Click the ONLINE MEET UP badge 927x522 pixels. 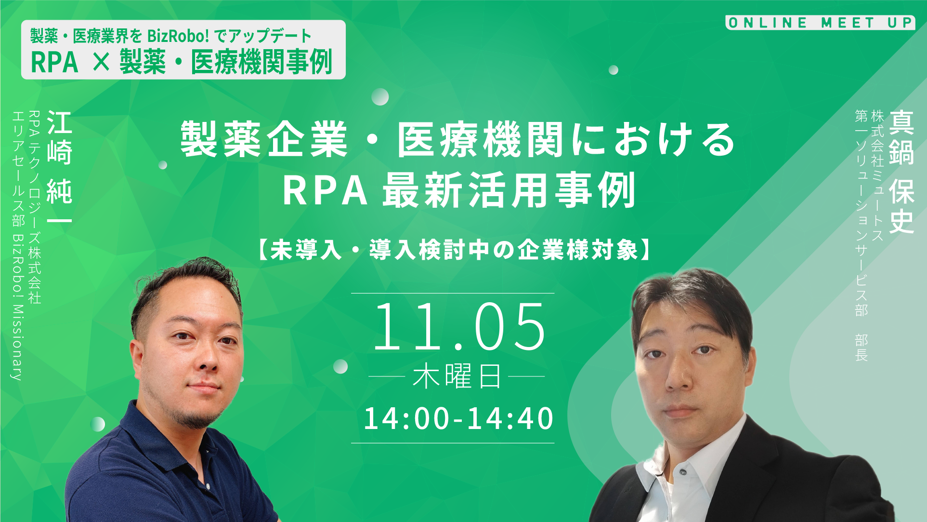(820, 23)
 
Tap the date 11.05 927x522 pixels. (458, 327)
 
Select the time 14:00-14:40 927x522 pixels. (458, 418)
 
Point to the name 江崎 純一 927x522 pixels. (59, 167)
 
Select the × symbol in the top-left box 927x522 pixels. (101, 62)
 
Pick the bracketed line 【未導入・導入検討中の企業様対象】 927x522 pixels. (455, 250)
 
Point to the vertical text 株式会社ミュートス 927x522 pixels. (877, 176)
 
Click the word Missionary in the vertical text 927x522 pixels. (17, 342)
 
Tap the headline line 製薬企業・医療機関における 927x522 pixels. (457, 140)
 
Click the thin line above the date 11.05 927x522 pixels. (453, 293)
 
